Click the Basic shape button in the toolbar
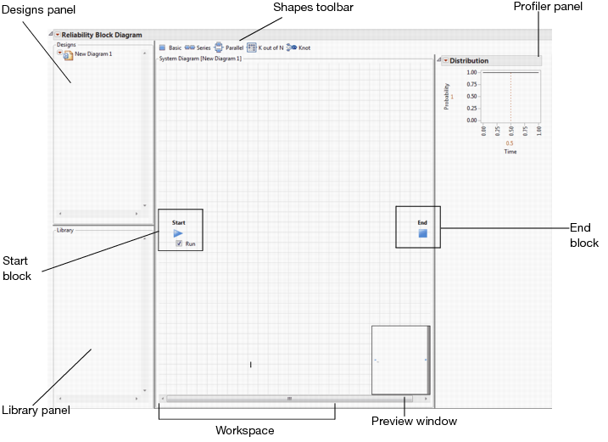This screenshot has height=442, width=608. coord(170,48)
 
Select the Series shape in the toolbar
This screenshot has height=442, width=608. coord(198,48)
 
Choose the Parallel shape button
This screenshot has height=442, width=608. coord(229,48)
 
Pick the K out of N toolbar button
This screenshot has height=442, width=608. coord(265,48)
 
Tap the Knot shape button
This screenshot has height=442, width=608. coord(298,48)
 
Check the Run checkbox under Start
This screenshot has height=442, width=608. coord(179,243)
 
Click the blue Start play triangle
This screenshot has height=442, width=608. coord(178,233)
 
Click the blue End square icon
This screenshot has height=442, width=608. coord(422,233)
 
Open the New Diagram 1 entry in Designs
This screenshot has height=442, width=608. coord(93,54)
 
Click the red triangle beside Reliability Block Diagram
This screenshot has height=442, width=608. coord(58,35)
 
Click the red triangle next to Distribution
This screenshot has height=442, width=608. coord(445,60)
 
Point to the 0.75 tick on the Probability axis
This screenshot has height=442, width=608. coord(471,84)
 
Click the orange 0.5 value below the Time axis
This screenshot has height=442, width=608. coord(509,143)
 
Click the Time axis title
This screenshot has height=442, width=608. coord(510,152)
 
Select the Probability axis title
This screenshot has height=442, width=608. coord(446,96)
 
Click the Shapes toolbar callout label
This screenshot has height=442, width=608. coord(313,7)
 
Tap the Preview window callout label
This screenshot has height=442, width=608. coord(414,421)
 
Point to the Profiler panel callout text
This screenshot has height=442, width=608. coord(548,6)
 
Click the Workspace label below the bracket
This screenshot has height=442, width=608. coord(245,430)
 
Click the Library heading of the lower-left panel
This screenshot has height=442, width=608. coord(65,230)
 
